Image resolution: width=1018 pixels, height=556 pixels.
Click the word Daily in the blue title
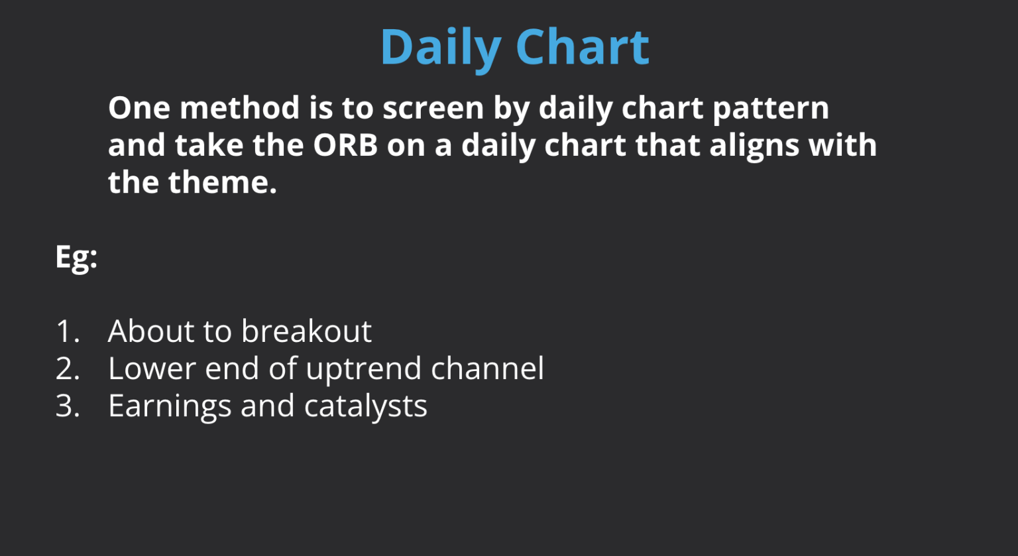click(440, 48)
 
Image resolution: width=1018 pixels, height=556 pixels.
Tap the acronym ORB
click(345, 145)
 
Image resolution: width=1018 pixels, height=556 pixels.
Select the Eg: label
click(76, 256)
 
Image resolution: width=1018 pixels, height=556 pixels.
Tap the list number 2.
click(67, 368)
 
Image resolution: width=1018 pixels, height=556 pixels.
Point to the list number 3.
click(67, 406)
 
